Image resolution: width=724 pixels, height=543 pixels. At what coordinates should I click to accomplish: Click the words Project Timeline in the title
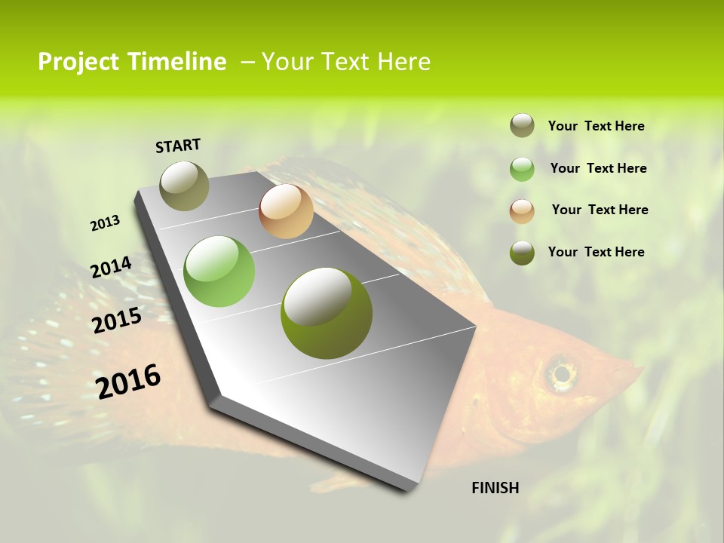click(x=132, y=62)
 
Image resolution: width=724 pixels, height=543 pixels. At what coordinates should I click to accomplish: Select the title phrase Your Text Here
click(x=346, y=62)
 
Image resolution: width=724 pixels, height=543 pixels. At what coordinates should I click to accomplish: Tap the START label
click(x=178, y=146)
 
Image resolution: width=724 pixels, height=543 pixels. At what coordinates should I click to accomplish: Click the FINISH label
click(x=495, y=488)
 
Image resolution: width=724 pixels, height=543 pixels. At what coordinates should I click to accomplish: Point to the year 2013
click(x=105, y=223)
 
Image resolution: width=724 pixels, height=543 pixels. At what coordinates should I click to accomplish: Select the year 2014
click(x=111, y=267)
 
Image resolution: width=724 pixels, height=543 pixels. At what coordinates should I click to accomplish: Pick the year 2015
click(x=117, y=321)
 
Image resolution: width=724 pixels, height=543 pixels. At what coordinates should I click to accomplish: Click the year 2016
click(x=128, y=381)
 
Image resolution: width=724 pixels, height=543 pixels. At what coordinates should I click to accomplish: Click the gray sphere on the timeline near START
click(x=185, y=186)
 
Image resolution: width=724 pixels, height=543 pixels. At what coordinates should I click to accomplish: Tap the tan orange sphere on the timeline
click(x=286, y=211)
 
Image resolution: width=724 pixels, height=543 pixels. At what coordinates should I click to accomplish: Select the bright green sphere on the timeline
click(x=219, y=271)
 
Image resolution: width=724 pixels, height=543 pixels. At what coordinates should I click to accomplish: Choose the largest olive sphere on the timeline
click(x=327, y=313)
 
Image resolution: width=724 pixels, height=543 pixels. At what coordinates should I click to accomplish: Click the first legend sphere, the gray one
click(x=522, y=125)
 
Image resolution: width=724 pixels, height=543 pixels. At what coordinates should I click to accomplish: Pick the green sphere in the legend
click(x=522, y=169)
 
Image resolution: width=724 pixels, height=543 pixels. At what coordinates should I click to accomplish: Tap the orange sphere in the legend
click(x=522, y=211)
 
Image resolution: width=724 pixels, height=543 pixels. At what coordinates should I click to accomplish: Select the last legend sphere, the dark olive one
click(x=522, y=253)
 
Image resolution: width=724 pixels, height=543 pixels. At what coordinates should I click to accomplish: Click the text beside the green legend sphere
click(x=599, y=168)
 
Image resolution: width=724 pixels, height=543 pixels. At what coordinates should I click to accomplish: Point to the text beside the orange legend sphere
click(x=600, y=210)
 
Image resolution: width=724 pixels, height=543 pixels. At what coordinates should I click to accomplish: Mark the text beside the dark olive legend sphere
click(x=597, y=252)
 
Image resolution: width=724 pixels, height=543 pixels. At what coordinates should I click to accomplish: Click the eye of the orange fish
click(x=560, y=373)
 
